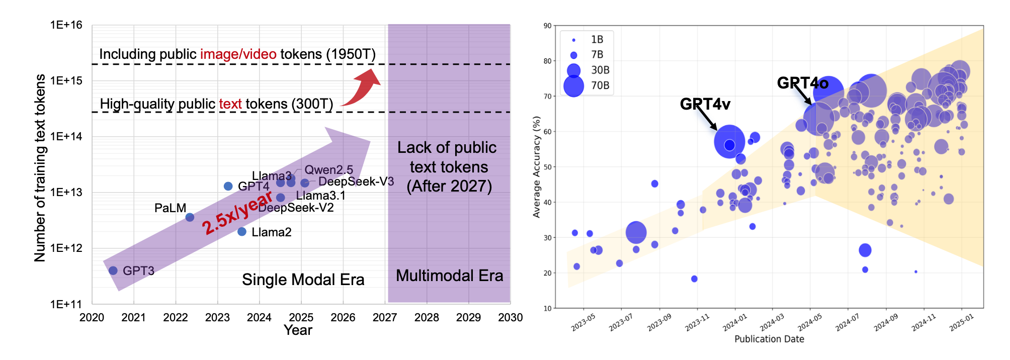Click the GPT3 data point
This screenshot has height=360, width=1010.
click(x=113, y=271)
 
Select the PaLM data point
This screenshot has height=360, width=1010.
click(x=190, y=217)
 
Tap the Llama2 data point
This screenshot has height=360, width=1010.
click(x=242, y=232)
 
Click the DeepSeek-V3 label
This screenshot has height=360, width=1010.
click(x=356, y=182)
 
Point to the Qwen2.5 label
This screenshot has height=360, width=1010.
click(x=328, y=170)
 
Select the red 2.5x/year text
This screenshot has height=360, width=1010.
click(x=236, y=214)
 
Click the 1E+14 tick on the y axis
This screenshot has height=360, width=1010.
click(x=66, y=136)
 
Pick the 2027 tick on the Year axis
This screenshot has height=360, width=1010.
click(x=385, y=317)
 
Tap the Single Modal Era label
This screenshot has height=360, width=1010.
click(x=303, y=280)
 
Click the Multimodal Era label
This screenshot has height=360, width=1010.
click(x=449, y=276)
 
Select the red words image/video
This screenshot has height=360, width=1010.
click(x=238, y=54)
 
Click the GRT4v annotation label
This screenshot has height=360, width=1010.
click(x=705, y=104)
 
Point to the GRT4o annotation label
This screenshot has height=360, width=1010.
click(x=802, y=83)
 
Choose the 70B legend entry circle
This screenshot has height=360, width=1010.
click(x=573, y=86)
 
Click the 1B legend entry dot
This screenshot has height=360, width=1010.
click(x=573, y=40)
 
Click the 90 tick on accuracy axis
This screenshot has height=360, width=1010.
click(x=547, y=26)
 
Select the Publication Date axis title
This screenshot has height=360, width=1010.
click(x=769, y=339)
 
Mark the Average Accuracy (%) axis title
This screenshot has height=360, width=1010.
click(x=537, y=167)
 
